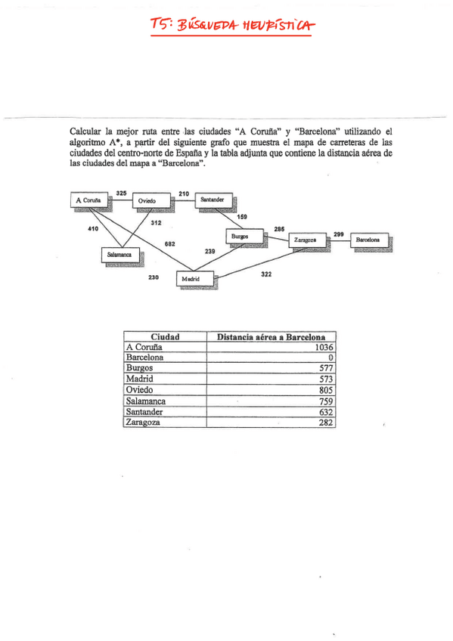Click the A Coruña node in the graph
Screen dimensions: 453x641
pos(88,200)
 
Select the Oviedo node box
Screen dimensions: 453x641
pos(147,200)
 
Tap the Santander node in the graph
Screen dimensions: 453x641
pos(212,199)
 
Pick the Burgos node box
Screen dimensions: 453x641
pos(240,236)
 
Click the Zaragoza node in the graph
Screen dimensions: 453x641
pos(305,240)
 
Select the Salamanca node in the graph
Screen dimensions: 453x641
pos(119,255)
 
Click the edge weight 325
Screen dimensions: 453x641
pos(121,193)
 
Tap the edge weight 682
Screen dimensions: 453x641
pos(170,244)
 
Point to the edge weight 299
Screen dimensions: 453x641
pos(338,234)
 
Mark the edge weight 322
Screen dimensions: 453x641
pos(266,274)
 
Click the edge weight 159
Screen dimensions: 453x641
pos(242,217)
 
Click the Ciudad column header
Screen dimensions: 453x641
pos(165,336)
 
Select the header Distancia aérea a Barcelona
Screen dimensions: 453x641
pos(271,336)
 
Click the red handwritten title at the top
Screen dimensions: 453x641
pos(231,27)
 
